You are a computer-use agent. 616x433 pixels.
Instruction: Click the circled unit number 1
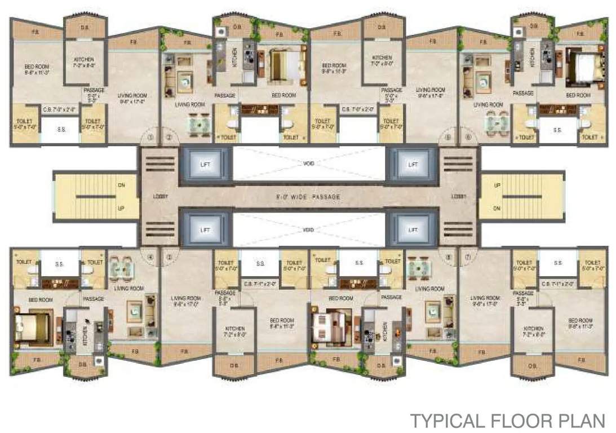coord(150,137)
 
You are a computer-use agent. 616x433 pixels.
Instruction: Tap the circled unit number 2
coord(168,137)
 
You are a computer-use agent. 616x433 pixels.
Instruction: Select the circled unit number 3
coord(168,257)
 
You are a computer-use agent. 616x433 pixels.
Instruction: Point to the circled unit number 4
coord(150,257)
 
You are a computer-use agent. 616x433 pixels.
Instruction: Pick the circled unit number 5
coord(448,137)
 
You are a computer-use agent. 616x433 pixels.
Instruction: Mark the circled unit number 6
coord(466,137)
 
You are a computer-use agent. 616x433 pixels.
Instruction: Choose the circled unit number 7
coord(466,257)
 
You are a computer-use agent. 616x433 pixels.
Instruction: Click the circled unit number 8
coord(448,257)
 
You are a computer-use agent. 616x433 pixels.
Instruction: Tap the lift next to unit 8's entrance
coord(413,229)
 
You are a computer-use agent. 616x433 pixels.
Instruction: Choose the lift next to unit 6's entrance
coord(413,164)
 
